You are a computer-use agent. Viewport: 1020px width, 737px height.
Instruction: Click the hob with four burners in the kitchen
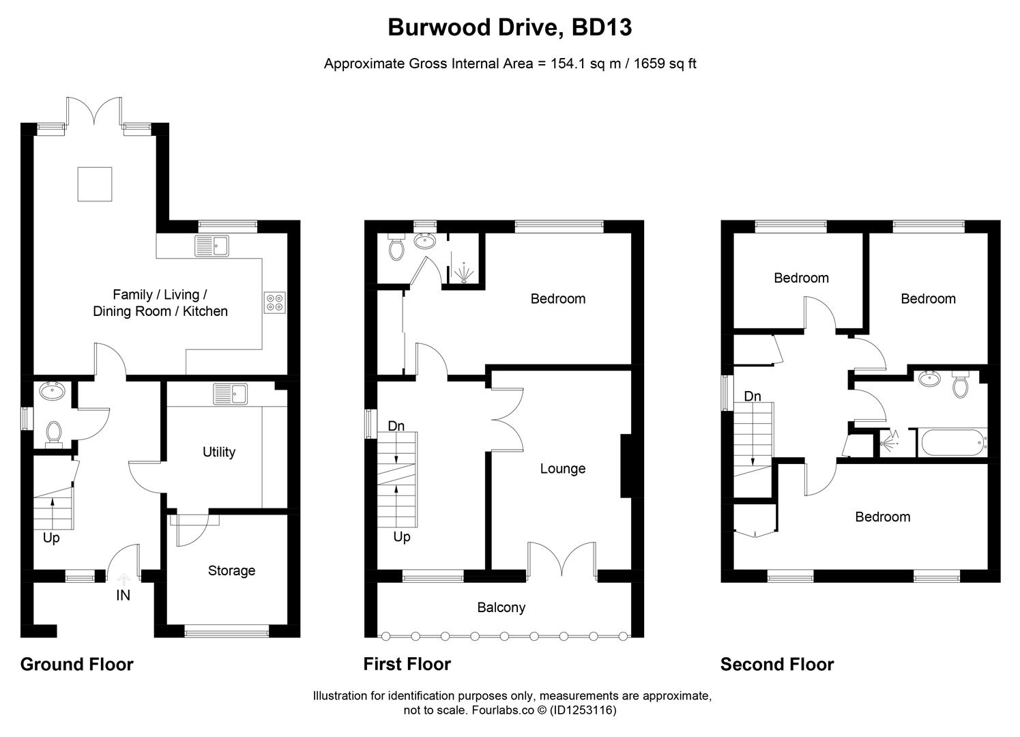pos(275,302)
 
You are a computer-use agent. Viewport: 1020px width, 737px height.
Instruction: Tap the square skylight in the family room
pos(94,184)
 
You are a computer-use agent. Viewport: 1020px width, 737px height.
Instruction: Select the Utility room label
pos(219,452)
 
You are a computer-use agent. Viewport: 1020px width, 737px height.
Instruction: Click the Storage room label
pos(231,570)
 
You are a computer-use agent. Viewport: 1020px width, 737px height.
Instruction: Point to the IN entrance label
pos(123,595)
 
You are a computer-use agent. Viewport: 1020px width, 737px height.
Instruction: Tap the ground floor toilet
pos(53,433)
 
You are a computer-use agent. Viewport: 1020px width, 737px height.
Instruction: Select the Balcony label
pos(501,607)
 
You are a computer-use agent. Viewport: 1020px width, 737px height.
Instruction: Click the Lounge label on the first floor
pos(562,469)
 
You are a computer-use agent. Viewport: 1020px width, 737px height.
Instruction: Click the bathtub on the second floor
pos(953,443)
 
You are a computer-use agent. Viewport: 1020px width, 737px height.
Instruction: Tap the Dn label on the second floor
pos(752,396)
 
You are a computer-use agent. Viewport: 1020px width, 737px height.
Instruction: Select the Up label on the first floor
pos(402,537)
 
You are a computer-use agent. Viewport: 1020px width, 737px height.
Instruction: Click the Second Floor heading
pos(776,664)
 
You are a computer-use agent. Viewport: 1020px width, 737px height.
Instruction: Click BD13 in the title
pos(602,27)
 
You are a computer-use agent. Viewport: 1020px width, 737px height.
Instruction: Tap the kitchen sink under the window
pos(214,245)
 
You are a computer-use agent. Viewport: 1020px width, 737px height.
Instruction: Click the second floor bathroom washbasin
pos(928,379)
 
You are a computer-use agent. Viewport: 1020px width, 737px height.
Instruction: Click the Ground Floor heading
pos(76,664)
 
